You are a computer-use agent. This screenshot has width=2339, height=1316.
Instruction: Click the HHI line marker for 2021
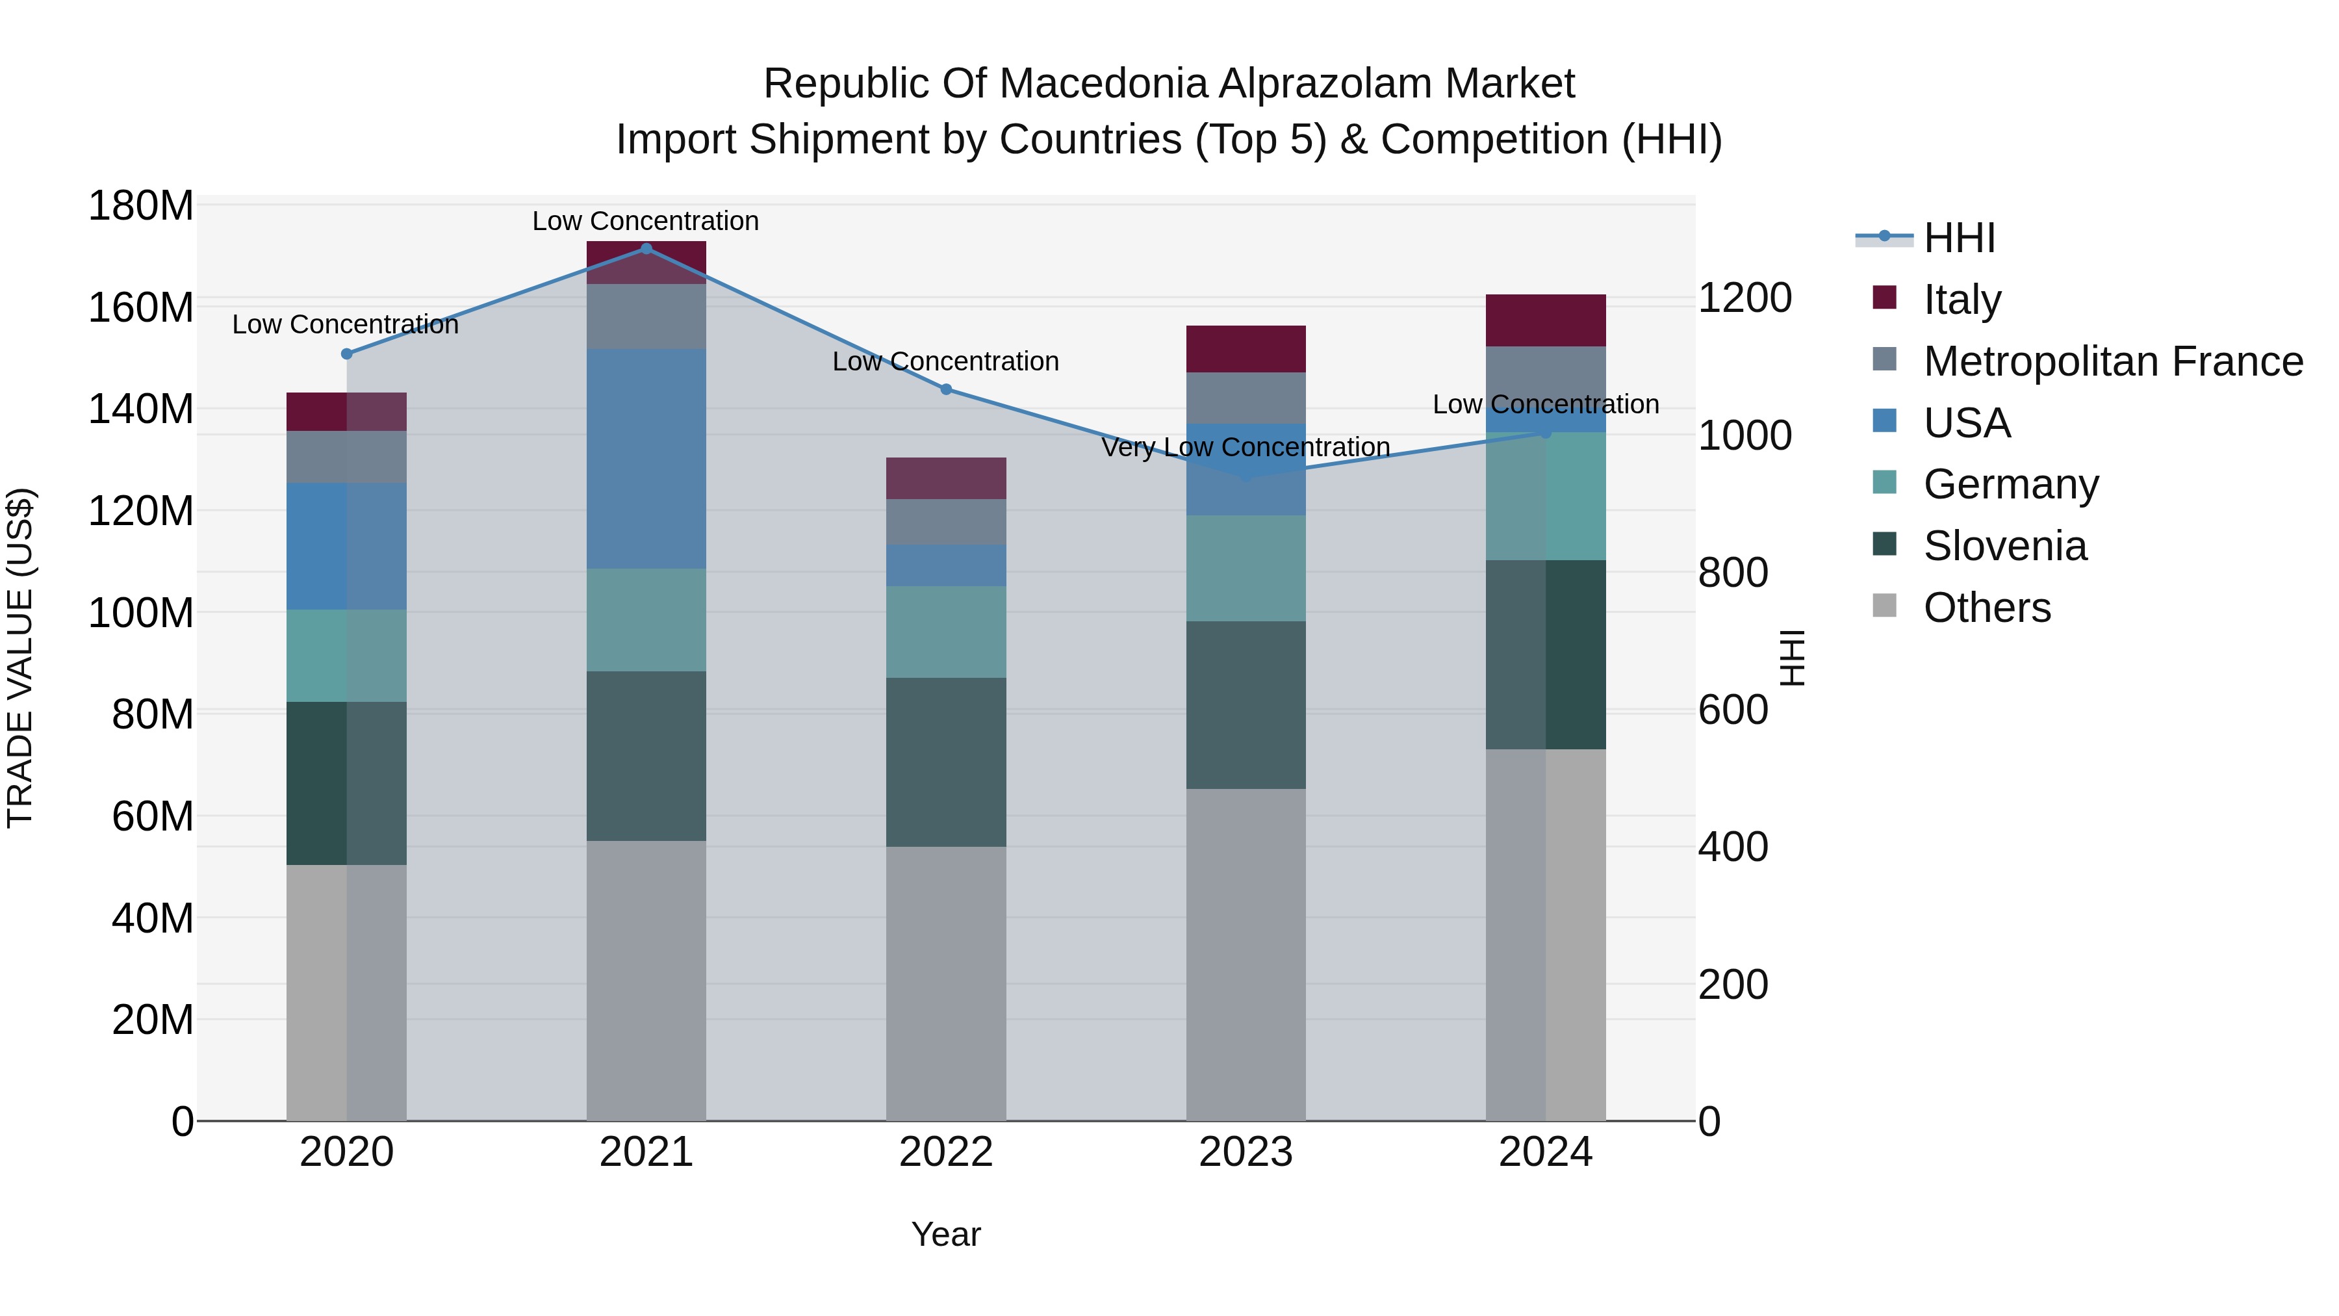[x=646, y=249]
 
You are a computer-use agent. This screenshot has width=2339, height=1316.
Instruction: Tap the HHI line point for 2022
[x=945, y=390]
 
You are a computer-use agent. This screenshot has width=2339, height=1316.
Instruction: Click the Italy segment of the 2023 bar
[x=1245, y=349]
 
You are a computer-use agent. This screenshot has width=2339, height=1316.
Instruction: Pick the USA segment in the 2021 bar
[x=646, y=459]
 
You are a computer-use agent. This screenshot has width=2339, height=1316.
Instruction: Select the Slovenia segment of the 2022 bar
[x=945, y=762]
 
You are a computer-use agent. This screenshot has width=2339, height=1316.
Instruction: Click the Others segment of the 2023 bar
[x=1245, y=953]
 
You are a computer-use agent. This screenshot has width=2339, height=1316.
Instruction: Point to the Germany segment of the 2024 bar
[x=1546, y=496]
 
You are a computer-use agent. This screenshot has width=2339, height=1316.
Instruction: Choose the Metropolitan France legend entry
[x=2112, y=361]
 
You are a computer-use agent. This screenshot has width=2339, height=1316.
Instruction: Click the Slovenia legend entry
[x=2005, y=546]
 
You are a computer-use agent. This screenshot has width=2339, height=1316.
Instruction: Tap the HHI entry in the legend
[x=1958, y=238]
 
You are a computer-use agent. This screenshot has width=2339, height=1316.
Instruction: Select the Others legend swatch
[x=1885, y=606]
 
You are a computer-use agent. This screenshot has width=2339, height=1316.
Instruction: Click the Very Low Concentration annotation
[x=1245, y=447]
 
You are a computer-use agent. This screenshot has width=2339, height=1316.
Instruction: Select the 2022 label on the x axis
[x=945, y=1152]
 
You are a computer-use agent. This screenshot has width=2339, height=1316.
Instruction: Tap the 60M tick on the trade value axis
[x=151, y=816]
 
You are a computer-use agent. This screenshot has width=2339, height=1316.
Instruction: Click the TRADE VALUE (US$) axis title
[x=21, y=658]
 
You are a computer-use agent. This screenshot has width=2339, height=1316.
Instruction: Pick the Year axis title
[x=945, y=1234]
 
